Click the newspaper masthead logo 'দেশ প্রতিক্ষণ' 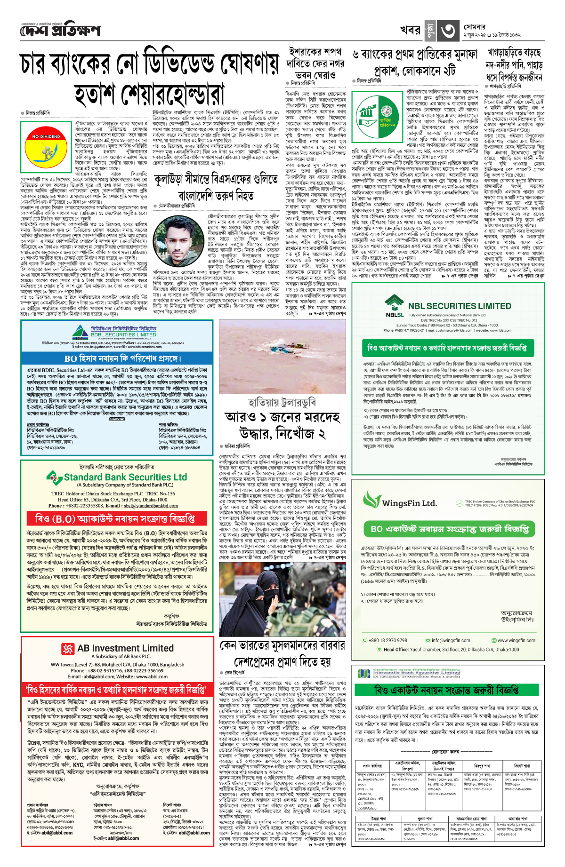point(60,31)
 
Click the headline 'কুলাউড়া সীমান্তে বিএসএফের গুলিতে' point(216,180)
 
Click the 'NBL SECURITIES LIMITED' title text point(459,306)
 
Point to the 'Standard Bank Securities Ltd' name point(125,477)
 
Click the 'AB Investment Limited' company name point(125,648)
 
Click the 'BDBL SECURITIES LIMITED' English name point(123,334)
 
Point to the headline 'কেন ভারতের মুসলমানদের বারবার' point(282,645)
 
